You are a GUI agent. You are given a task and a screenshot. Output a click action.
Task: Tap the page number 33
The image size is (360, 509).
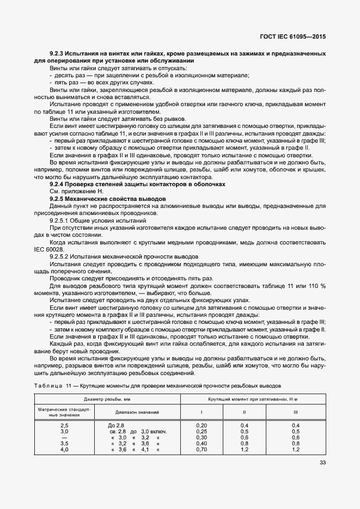pos(322,463)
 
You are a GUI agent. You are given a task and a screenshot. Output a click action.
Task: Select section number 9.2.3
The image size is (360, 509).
pos(57,54)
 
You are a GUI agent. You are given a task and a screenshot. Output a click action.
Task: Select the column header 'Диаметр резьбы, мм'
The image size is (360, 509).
pos(107,398)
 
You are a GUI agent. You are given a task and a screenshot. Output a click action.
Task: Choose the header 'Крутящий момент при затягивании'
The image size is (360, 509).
pos(247,398)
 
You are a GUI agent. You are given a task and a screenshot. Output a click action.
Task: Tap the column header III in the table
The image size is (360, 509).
pos(296,412)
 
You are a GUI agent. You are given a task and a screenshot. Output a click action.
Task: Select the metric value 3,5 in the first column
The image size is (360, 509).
pos(64,444)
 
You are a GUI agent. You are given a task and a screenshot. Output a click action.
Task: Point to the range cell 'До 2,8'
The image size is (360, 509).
pos(117,425)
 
